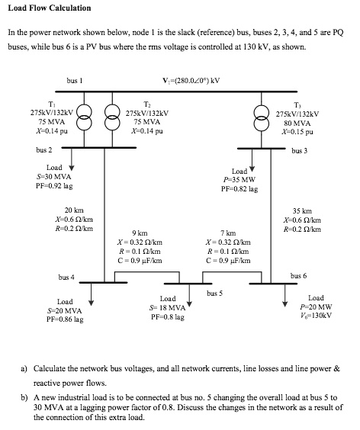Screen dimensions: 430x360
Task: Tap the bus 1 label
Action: click(74, 80)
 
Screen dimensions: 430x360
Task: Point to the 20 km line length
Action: click(73, 210)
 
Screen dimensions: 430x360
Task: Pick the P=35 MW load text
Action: click(238, 180)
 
